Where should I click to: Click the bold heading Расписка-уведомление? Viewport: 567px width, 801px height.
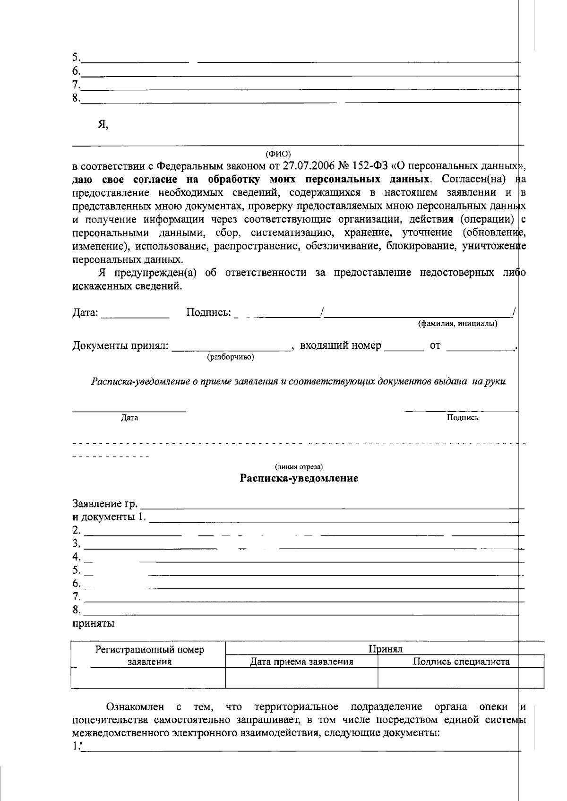point(299,478)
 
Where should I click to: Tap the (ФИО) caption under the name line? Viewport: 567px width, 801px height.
point(278,154)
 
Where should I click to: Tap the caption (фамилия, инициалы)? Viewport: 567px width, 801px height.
point(457,324)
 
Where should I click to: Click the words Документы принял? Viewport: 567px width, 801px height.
point(120,346)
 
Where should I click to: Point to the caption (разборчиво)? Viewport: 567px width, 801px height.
point(231,357)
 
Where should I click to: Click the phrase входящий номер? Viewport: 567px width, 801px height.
point(340,345)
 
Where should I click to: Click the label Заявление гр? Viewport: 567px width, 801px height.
point(105,503)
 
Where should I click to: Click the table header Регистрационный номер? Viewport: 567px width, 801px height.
point(149,649)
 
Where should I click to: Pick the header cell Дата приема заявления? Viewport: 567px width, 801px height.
point(301,662)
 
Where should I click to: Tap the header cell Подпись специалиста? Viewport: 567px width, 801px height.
point(461,662)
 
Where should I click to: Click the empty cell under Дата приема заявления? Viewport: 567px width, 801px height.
point(301,677)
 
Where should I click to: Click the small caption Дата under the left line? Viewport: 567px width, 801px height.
point(129,418)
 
